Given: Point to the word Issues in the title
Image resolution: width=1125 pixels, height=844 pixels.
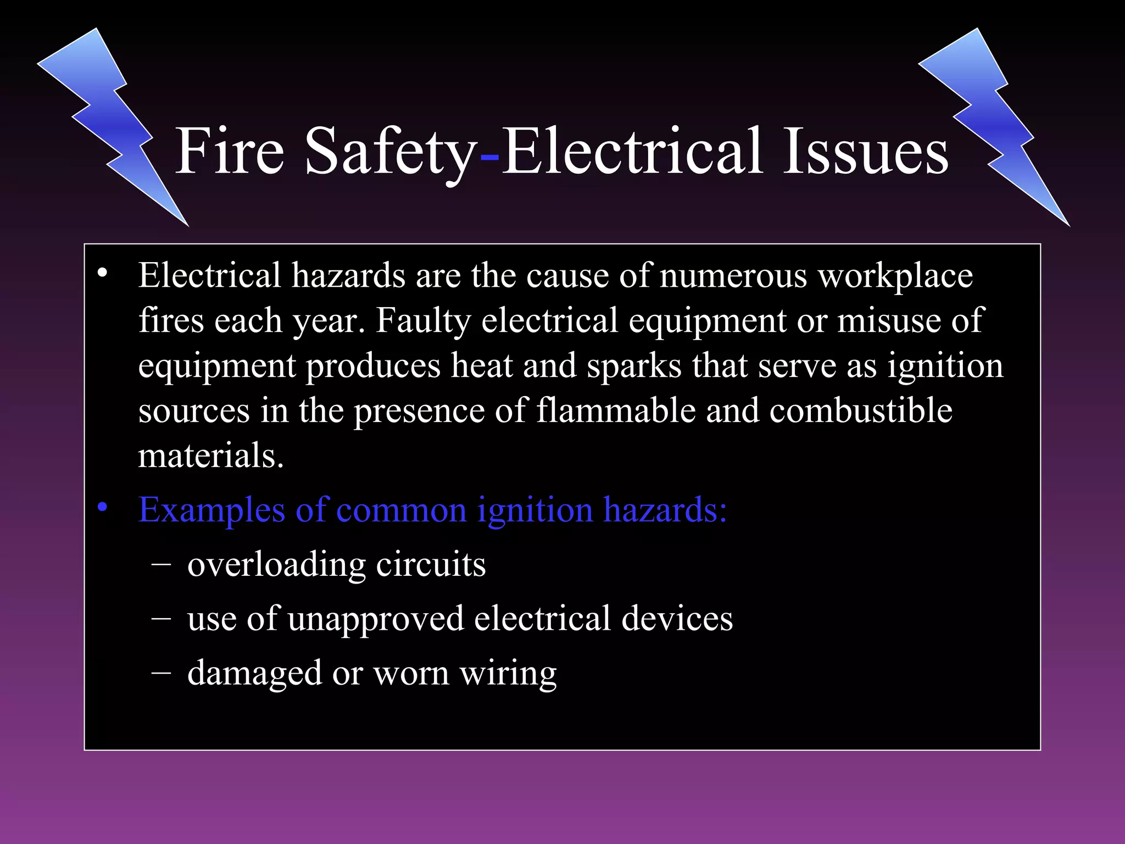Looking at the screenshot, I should (866, 151).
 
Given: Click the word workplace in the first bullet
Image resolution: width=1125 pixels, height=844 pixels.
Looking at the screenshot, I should (895, 276).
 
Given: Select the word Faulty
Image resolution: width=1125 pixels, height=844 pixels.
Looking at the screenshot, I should (423, 321).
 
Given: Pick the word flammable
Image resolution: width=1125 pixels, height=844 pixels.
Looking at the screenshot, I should (616, 410).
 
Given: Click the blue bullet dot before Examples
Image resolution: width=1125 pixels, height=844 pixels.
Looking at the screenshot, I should (102, 508).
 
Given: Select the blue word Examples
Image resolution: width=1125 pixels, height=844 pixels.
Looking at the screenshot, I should (211, 510).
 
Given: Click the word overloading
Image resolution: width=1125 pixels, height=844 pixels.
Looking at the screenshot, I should (277, 565).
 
